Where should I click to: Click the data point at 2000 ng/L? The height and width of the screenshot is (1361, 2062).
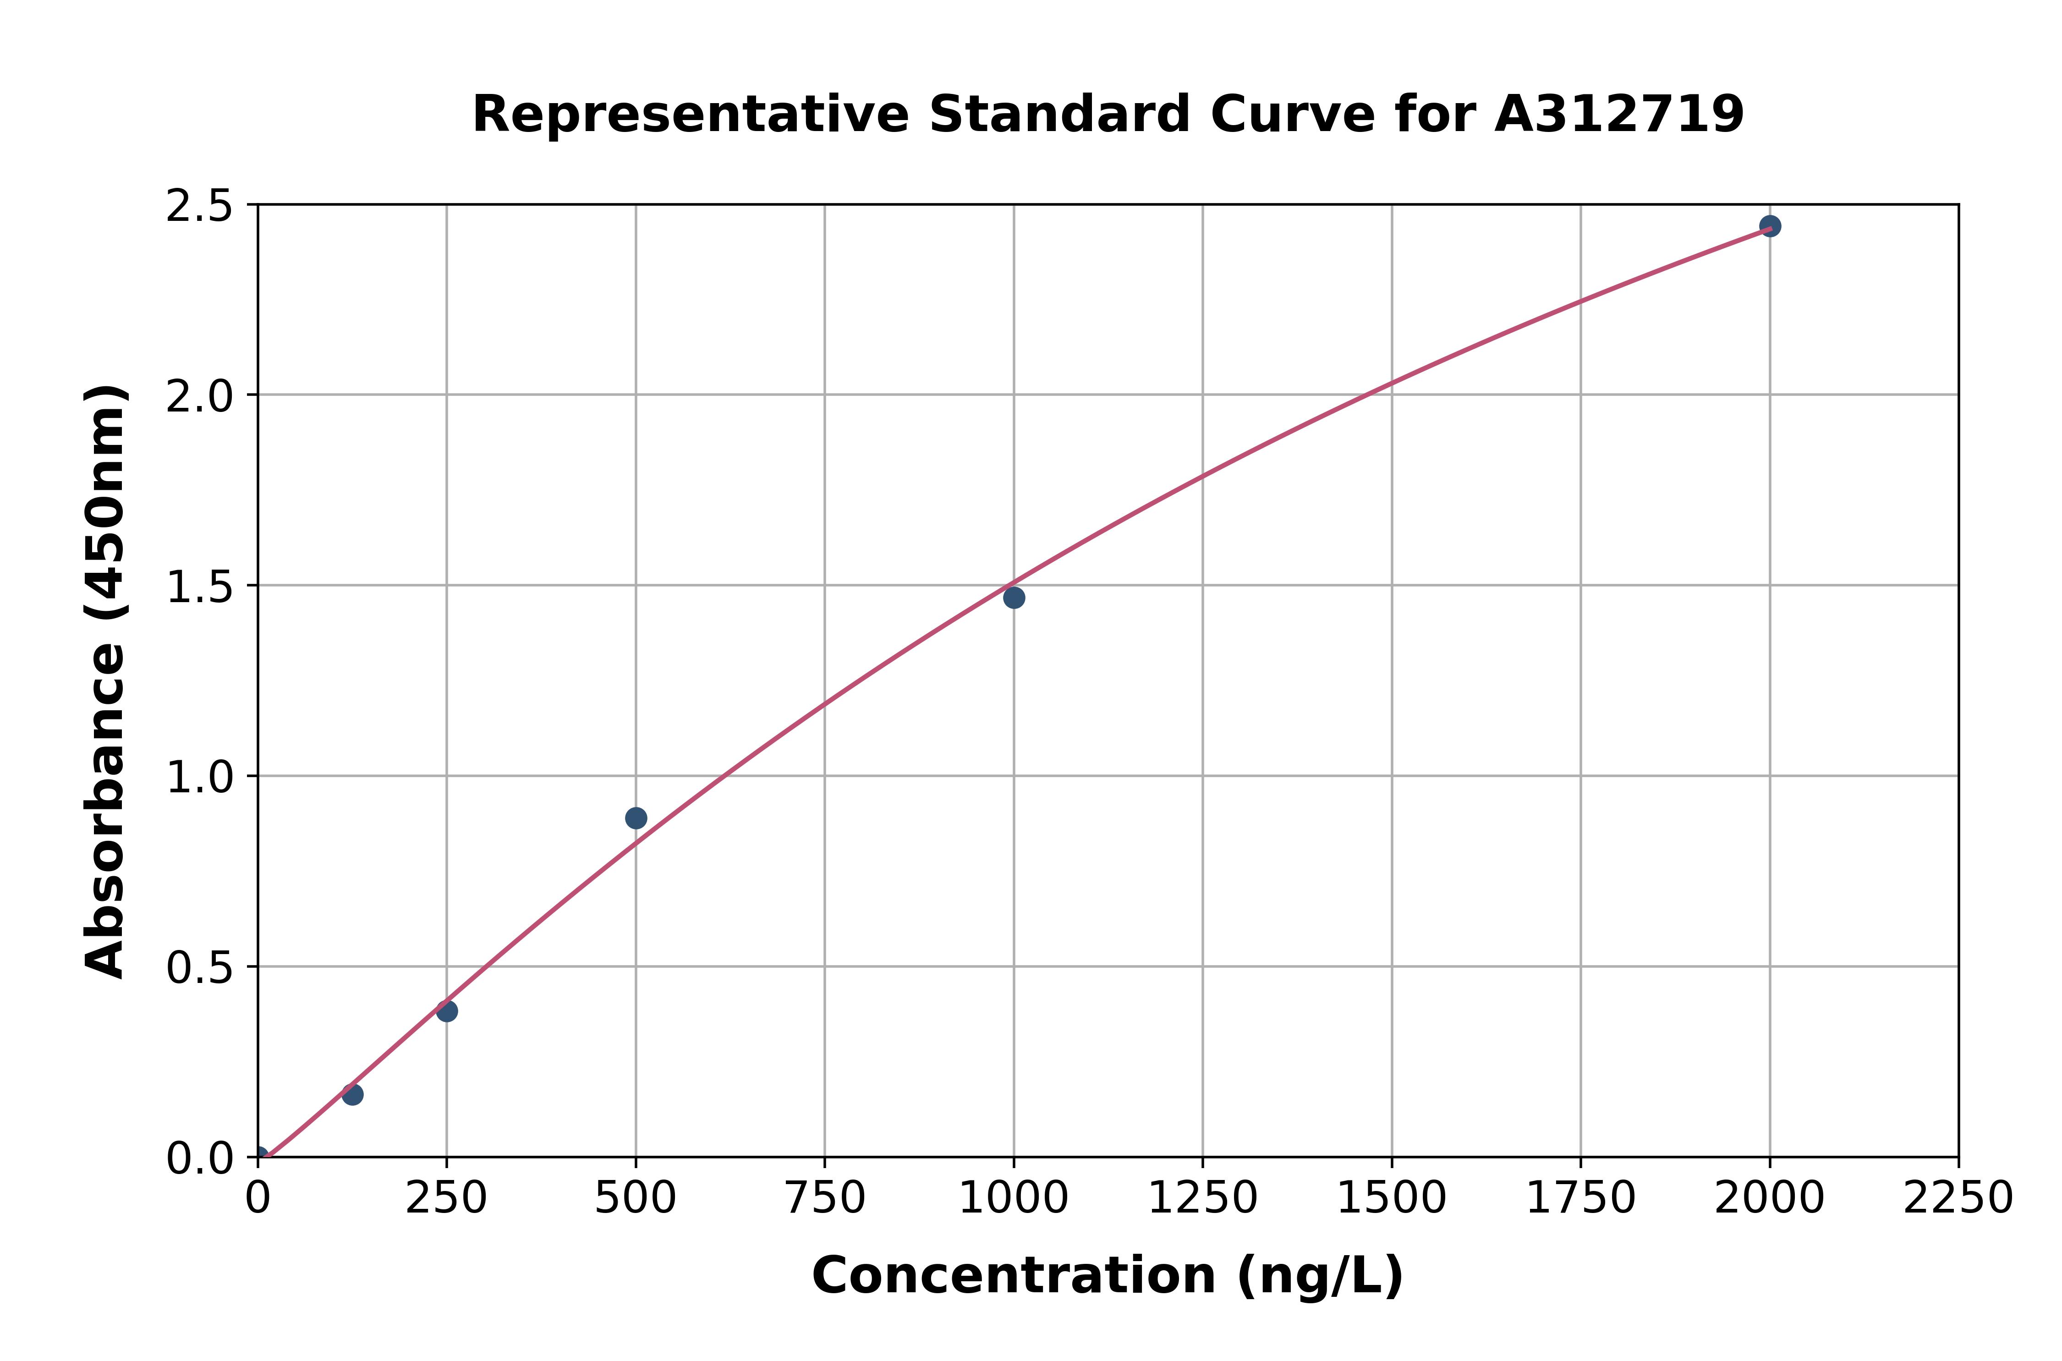coord(1770,225)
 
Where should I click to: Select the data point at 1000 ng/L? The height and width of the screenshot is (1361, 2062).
coord(1014,597)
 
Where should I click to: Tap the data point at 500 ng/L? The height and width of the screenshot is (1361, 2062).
coord(636,818)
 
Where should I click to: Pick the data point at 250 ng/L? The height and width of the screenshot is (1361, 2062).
coord(447,1010)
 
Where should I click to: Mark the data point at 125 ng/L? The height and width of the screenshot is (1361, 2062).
coord(352,1095)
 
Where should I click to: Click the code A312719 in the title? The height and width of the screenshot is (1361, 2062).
coord(1618,115)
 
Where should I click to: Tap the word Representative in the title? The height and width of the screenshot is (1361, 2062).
coord(690,115)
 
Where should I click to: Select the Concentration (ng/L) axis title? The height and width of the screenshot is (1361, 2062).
coord(1108,1276)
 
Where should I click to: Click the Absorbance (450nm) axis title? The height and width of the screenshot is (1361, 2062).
coord(106,681)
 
